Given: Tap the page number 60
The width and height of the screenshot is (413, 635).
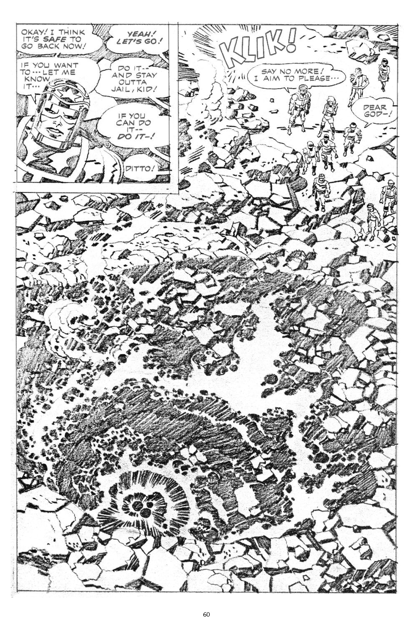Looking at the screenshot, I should click(206, 615).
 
